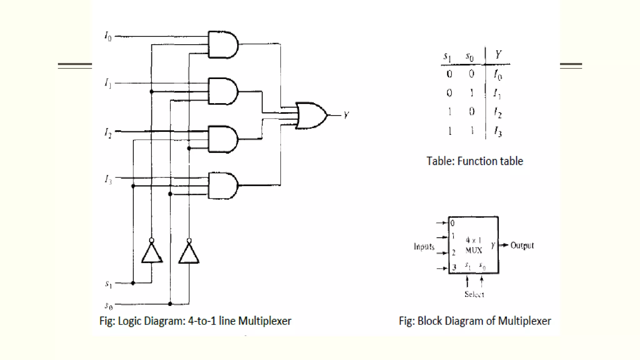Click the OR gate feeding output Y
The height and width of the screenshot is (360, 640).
pos(311,115)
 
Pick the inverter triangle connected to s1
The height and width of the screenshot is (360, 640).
pos(152,253)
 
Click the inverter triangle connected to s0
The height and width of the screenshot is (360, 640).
pos(189,253)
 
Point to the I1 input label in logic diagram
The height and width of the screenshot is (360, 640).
pos(108,83)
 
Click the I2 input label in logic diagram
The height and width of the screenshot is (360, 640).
pos(108,132)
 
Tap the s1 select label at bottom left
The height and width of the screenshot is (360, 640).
pos(108,284)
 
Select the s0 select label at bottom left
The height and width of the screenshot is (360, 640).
pos(108,305)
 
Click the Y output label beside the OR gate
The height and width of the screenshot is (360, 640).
pos(346,115)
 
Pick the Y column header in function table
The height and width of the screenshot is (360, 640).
pos(498,55)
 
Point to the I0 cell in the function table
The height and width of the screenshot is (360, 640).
pos(498,75)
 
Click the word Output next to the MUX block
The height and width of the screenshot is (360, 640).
pos(522,245)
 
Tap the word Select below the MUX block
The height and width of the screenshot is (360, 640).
pos(474,294)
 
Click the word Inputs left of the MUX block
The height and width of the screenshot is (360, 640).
pos(424,247)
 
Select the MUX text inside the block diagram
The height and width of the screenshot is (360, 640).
pos(474,250)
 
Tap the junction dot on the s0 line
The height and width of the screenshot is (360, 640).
pos(170,304)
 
